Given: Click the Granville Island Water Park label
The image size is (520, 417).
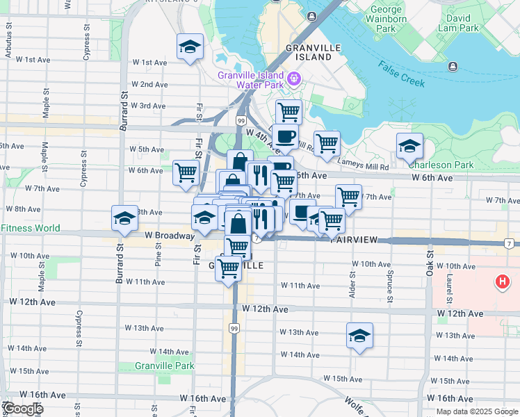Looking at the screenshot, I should tap(250, 80).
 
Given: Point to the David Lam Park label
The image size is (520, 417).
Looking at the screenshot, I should tap(458, 23).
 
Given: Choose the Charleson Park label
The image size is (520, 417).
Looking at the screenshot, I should tap(441, 165).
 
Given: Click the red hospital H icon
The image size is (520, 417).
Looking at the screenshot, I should tap(501, 281).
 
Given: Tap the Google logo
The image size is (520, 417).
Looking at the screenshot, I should tap(22, 409).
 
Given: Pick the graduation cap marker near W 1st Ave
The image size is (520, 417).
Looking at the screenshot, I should tap(190, 47).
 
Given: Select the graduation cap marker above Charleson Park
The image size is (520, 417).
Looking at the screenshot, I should tap(410, 145).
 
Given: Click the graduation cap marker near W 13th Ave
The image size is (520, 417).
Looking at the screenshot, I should tap(359, 335).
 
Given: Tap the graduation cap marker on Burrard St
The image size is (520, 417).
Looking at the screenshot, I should tap(125, 218).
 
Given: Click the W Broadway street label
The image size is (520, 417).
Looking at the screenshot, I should tap(170, 236).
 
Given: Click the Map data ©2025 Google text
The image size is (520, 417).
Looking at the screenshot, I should tap(478, 411).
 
